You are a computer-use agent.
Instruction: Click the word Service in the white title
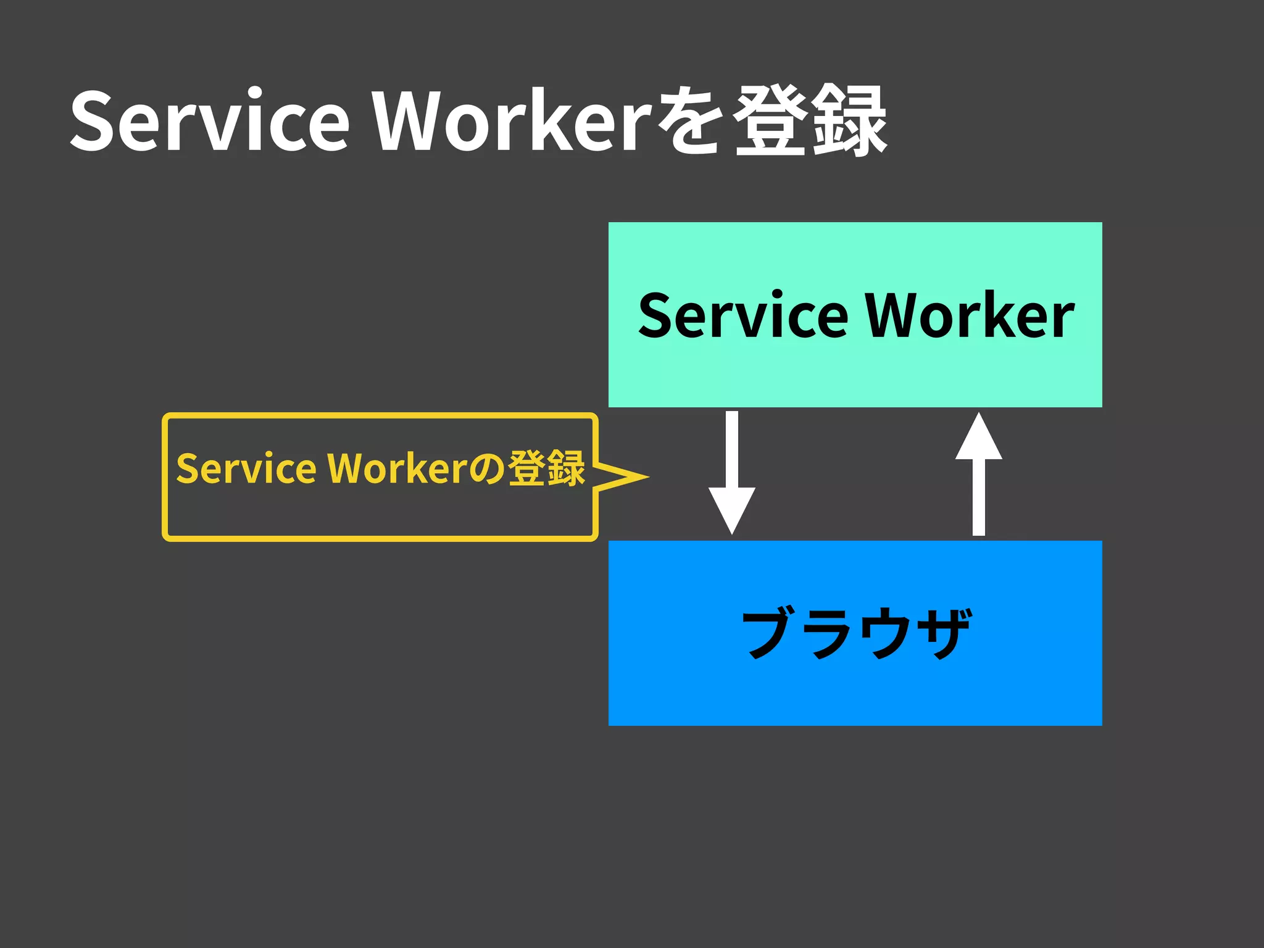pyautogui.click(x=210, y=121)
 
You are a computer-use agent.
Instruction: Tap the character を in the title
pyautogui.click(x=689, y=121)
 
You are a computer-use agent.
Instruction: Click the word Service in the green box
pyautogui.click(x=743, y=316)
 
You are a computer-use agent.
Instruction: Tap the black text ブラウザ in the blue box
pyautogui.click(x=855, y=633)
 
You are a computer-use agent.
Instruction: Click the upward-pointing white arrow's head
pyautogui.click(x=979, y=438)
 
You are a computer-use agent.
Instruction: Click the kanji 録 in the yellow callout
pyautogui.click(x=565, y=468)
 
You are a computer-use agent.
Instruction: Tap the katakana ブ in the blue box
pyautogui.click(x=769, y=633)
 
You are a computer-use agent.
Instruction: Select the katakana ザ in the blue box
pyautogui.click(x=943, y=633)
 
